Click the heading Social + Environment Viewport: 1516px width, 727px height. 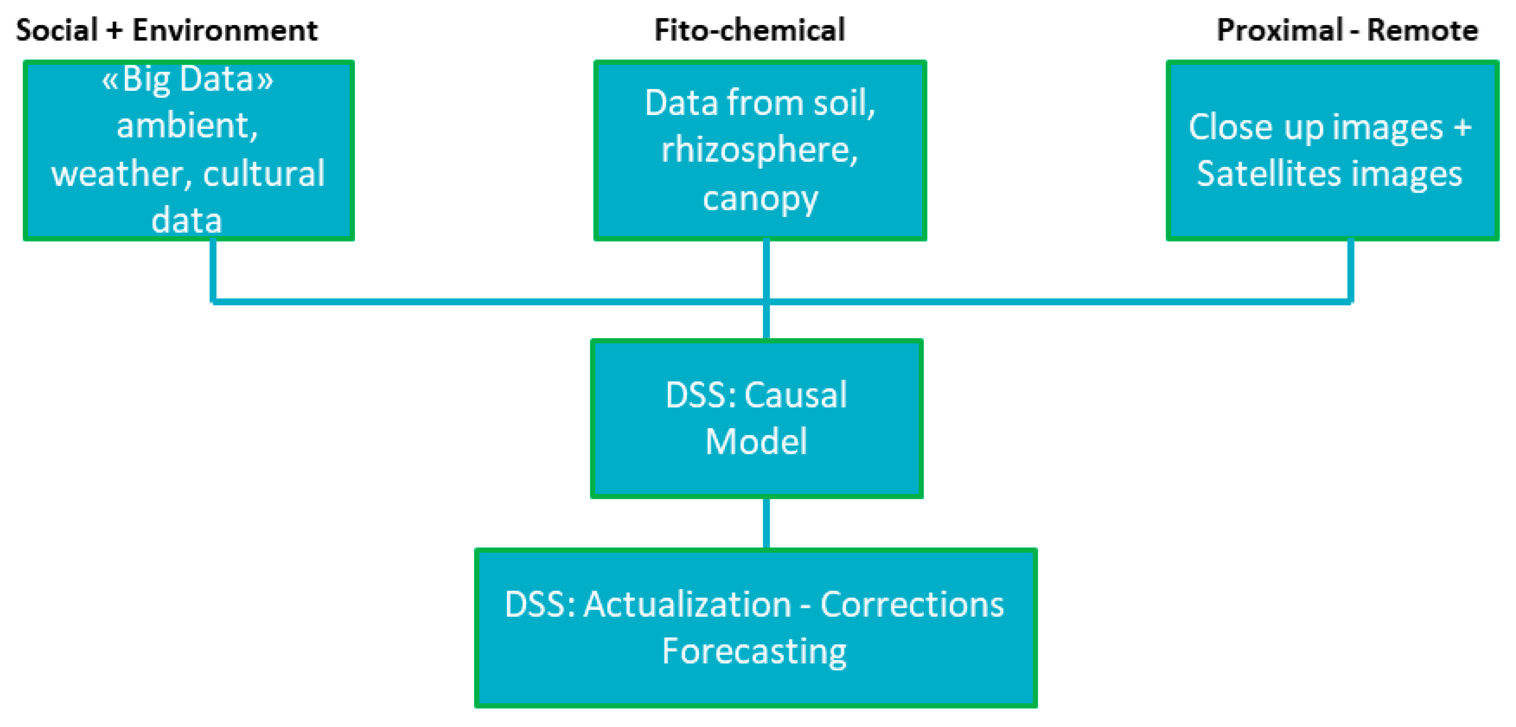(167, 31)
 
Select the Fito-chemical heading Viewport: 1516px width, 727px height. (749, 31)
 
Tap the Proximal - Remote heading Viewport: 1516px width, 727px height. (1347, 31)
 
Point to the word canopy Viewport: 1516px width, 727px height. (760, 199)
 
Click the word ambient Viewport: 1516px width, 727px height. (187, 126)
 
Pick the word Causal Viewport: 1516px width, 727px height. (796, 395)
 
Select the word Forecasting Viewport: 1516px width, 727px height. (754, 652)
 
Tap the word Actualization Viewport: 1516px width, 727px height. (687, 605)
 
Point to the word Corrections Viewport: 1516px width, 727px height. (912, 605)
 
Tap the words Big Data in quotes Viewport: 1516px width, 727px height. (187, 79)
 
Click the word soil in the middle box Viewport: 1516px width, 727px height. (843, 104)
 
